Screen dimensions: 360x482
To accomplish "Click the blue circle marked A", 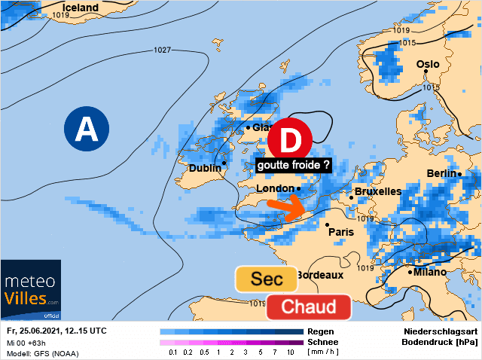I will tap(87, 130).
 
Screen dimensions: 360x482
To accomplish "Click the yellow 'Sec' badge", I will tap(266, 279).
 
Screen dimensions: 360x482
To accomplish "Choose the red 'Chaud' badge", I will tap(308, 307).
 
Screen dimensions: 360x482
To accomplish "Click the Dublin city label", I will tap(205, 168).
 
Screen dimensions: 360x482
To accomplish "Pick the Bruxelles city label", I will tap(377, 191).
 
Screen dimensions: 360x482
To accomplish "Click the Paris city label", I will tap(343, 232).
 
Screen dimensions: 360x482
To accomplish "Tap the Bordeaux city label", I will tap(320, 275).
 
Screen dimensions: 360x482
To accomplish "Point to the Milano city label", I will tap(430, 272).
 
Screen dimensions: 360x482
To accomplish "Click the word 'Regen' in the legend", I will tap(320, 331).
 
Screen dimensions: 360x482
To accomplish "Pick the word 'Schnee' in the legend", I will tap(323, 342).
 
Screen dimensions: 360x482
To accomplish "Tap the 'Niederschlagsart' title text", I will tap(439, 331).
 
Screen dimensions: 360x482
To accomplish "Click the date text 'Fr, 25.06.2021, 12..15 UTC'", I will tap(56, 331).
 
